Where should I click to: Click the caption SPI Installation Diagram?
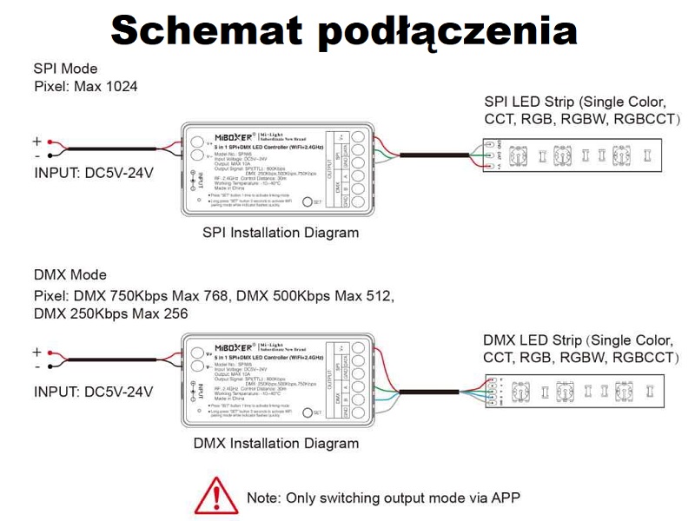pyautogui.click(x=280, y=233)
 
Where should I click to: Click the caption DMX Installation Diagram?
pyautogui.click(x=275, y=444)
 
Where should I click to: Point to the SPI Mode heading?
pyautogui.click(x=66, y=69)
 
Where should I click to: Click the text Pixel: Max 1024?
pyautogui.click(x=85, y=87)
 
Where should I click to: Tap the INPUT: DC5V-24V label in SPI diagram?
pyautogui.click(x=94, y=172)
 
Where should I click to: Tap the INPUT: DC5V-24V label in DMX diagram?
pyautogui.click(x=94, y=392)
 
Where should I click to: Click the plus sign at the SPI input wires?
pyautogui.click(x=36, y=141)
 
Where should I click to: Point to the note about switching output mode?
pyautogui.click(x=383, y=498)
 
